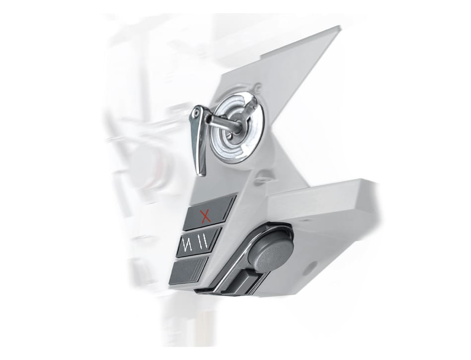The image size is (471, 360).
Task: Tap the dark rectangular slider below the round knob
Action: click(243, 283)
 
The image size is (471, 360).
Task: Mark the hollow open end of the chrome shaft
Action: click(208, 119)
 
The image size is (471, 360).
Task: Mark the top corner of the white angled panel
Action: click(339, 27)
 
